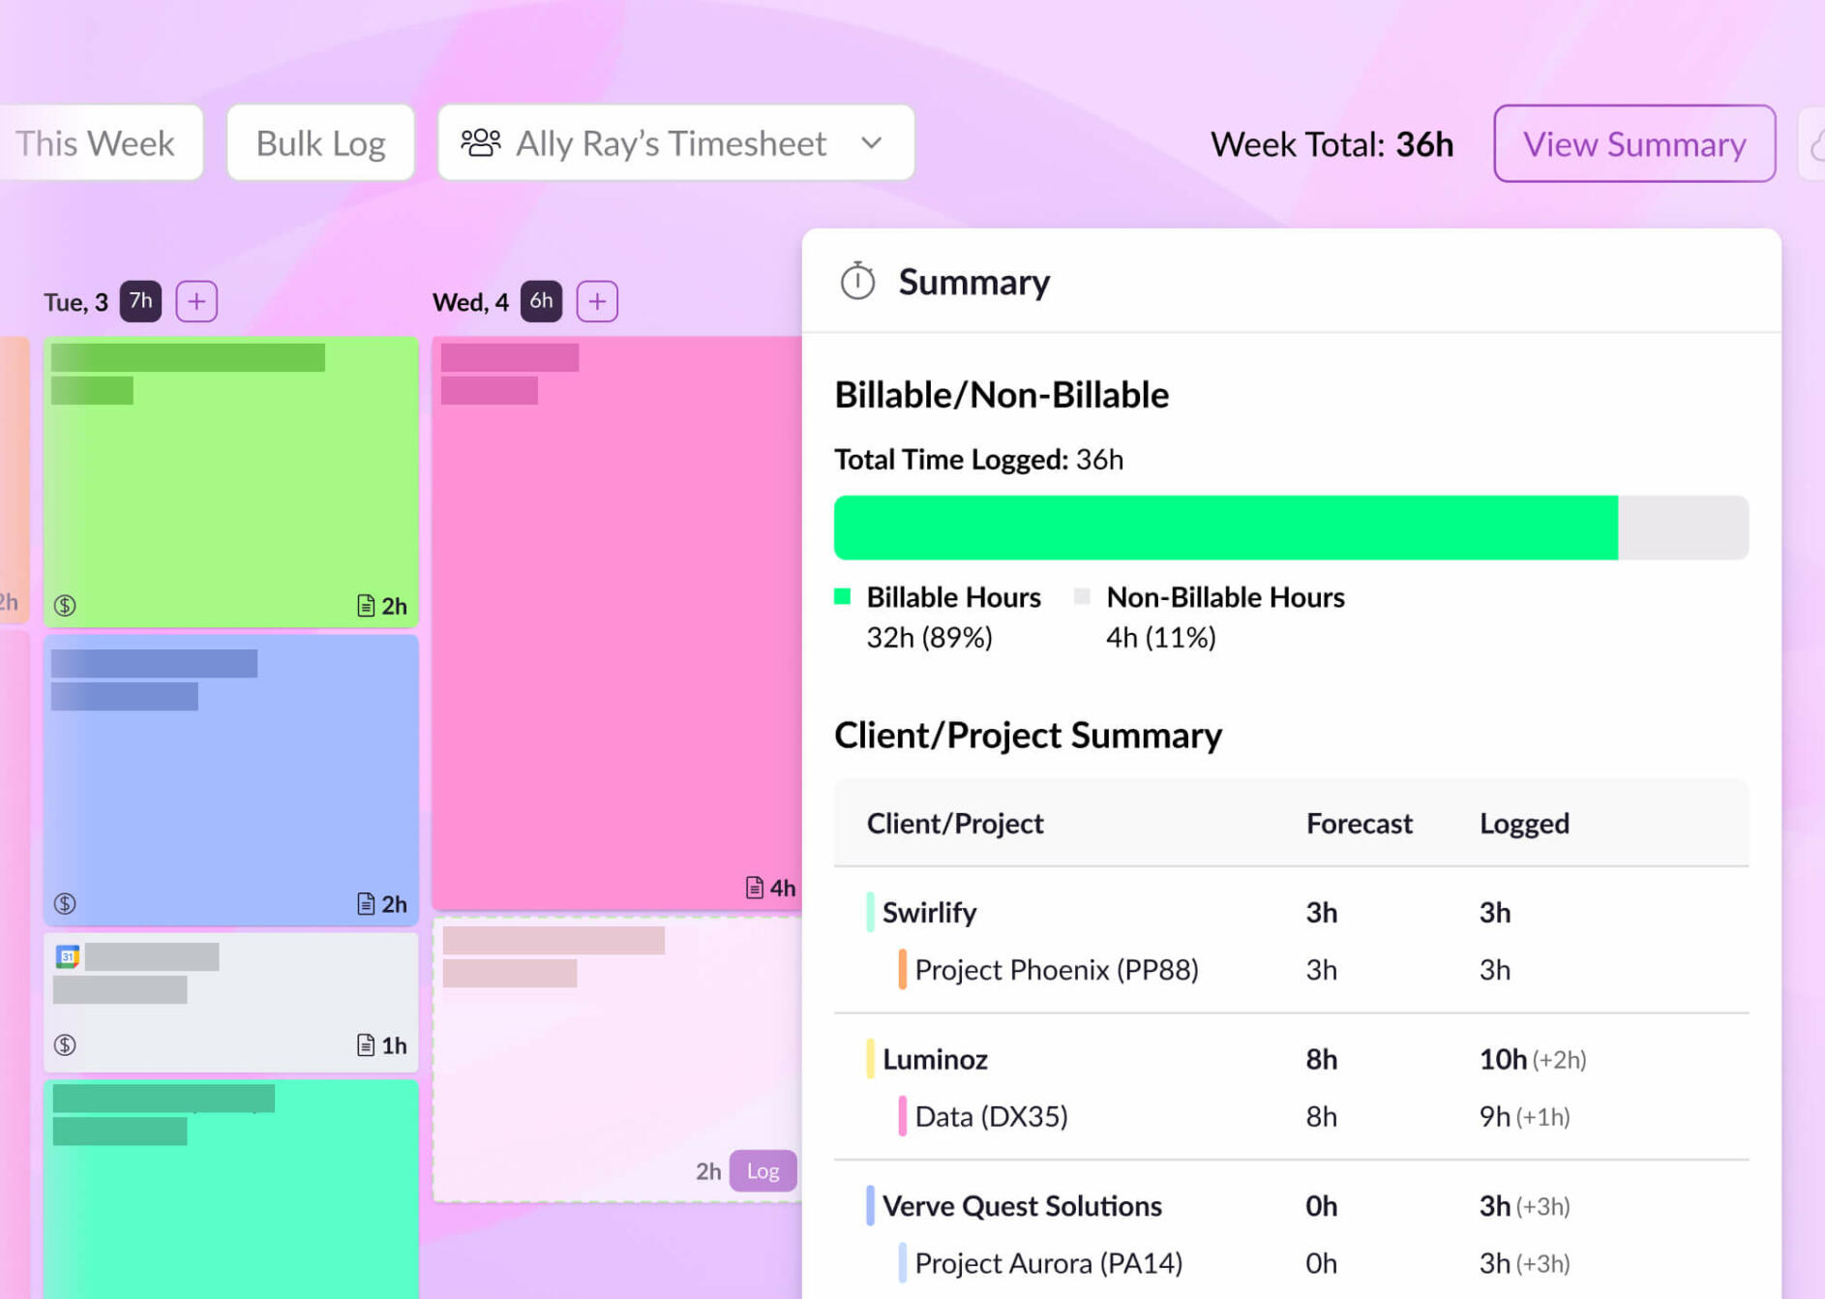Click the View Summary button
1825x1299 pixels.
[1633, 144]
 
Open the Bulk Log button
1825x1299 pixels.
[320, 143]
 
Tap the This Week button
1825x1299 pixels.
[96, 143]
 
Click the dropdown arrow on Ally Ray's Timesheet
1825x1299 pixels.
[872, 143]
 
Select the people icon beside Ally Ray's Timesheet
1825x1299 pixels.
[480, 143]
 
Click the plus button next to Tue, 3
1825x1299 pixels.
[196, 301]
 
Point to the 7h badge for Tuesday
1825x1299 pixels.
[140, 301]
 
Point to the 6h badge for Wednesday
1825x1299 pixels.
[541, 301]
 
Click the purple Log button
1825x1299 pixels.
[763, 1171]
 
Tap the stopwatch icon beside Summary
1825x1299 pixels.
[857, 282]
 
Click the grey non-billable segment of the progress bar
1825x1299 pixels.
[1683, 528]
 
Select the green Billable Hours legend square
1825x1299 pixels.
[843, 596]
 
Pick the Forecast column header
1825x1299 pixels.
[1359, 824]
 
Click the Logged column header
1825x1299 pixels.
[1524, 824]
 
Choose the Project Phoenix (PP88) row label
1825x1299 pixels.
[1056, 970]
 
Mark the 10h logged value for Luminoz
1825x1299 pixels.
[1503, 1059]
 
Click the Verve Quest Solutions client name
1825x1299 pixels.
[1021, 1206]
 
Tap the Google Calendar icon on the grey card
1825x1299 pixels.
[68, 957]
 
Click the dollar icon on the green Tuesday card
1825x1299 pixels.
[65, 606]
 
